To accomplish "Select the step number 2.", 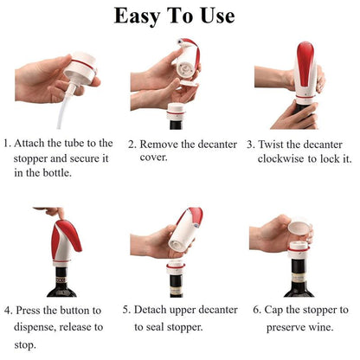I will click(x=132, y=145).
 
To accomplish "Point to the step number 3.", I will click(x=250, y=145).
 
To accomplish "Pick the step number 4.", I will click(x=7, y=310).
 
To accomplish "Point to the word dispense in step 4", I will click(x=37, y=327).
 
